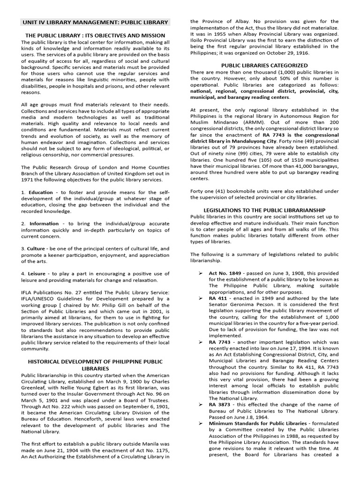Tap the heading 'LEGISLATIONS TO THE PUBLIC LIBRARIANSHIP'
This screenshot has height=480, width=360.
click(x=264, y=210)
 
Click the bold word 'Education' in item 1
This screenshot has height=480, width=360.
click(x=40, y=193)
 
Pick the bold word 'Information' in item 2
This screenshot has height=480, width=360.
click(x=44, y=224)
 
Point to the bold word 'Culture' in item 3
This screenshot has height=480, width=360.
click(x=36, y=248)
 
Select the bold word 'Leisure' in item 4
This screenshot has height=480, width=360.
click(x=37, y=273)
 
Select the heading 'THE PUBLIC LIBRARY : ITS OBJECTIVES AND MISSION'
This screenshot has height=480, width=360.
click(x=95, y=35)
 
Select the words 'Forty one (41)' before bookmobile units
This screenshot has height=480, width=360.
click(x=208, y=190)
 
